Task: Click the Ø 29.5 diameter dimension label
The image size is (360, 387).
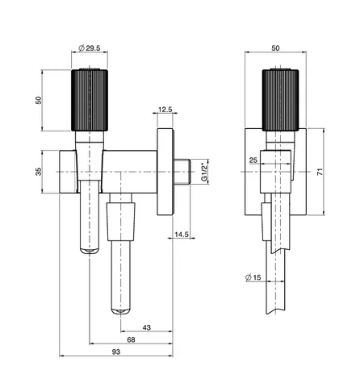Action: click(90, 48)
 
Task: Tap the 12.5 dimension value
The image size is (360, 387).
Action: click(165, 110)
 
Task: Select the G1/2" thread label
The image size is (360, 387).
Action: click(204, 171)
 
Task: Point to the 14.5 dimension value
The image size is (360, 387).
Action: click(182, 235)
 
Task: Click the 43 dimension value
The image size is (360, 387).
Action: click(147, 327)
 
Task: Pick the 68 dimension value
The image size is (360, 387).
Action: click(131, 339)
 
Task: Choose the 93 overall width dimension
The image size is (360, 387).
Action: click(116, 352)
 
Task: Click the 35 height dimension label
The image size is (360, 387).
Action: click(39, 172)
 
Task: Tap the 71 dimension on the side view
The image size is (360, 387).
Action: click(320, 172)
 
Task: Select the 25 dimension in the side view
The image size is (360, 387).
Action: click(253, 160)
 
